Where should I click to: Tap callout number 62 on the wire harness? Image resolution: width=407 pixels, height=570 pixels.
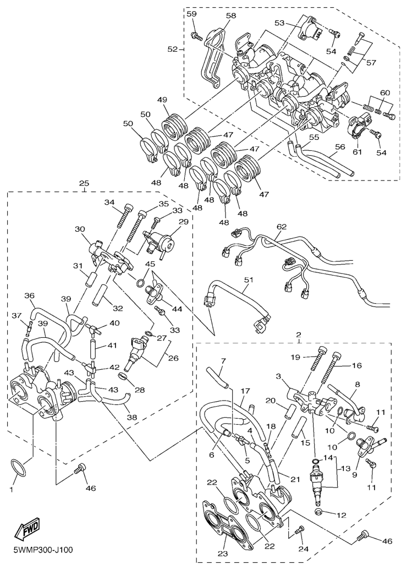point(282,226)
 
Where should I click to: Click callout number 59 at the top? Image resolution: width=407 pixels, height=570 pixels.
point(191,13)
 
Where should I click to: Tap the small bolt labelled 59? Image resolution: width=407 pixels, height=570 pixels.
point(196,36)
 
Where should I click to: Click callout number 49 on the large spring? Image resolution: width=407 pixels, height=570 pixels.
point(162,100)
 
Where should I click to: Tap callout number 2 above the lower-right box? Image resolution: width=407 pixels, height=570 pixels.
point(299,335)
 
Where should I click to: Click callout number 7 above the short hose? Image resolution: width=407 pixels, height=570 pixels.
point(223,360)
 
